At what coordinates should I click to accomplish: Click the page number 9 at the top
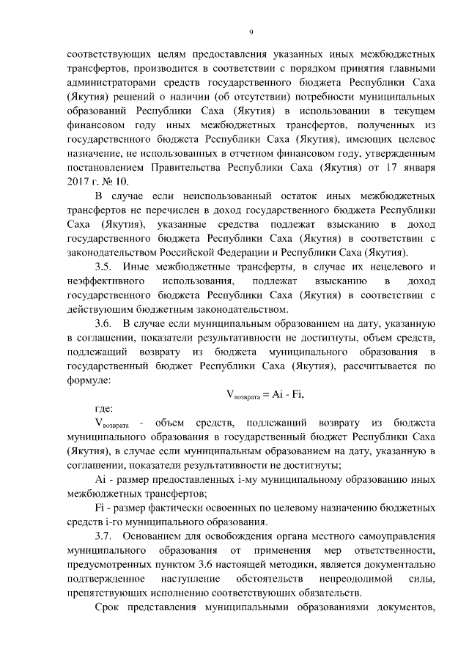coord(251,32)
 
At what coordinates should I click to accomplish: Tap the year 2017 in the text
coord(78,180)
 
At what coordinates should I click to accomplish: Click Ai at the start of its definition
coord(101,478)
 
